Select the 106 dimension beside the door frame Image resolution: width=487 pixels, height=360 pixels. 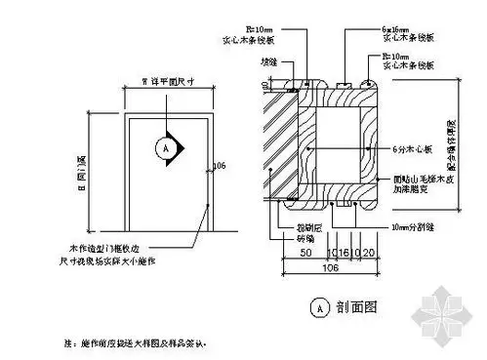tap(217, 163)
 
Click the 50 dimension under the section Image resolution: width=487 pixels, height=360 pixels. tap(305, 252)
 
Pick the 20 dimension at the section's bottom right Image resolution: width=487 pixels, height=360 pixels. tap(373, 252)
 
